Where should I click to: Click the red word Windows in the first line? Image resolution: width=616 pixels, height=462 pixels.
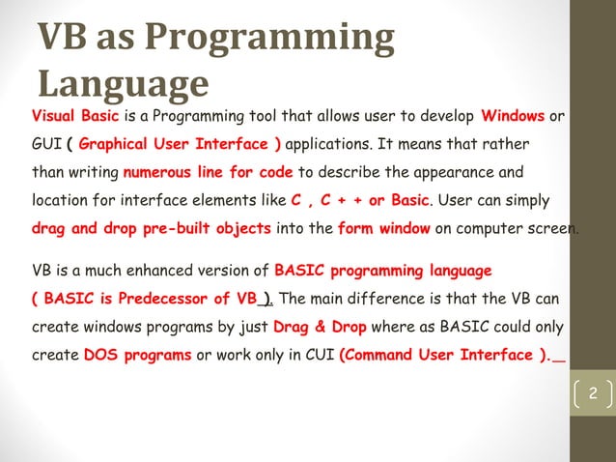[x=513, y=117]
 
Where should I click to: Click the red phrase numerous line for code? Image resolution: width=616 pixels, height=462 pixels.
[x=208, y=173]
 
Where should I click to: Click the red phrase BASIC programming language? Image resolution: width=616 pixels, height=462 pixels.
[x=383, y=270]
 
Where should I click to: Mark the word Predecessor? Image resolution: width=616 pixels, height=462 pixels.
[x=174, y=298]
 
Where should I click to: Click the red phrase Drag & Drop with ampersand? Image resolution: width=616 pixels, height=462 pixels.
[x=320, y=326]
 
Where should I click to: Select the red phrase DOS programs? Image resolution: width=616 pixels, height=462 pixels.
[x=137, y=354]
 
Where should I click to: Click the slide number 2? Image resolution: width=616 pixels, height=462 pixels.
[x=594, y=393]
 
